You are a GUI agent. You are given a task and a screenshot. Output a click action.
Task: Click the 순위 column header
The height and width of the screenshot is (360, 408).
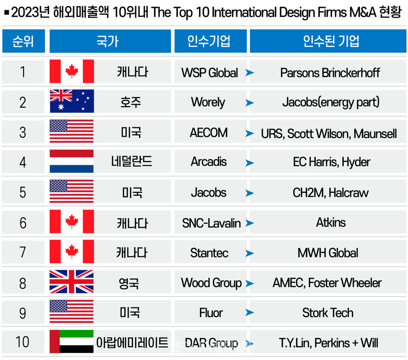[23, 41]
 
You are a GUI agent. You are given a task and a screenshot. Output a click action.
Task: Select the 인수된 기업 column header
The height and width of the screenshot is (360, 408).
[328, 41]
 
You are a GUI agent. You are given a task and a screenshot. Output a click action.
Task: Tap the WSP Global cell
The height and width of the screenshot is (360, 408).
[210, 72]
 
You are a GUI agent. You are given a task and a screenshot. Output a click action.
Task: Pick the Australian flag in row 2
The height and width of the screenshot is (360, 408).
[71, 101]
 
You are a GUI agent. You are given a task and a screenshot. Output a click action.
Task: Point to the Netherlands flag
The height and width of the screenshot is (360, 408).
[71, 161]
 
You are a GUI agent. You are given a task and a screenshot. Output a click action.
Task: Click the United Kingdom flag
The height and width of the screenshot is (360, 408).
[71, 281]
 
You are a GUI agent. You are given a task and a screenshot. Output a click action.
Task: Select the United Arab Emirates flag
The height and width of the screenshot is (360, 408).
[71, 341]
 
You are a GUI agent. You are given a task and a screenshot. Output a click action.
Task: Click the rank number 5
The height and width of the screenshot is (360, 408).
[22, 193]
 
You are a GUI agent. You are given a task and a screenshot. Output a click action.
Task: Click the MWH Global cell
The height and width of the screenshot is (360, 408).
[328, 253]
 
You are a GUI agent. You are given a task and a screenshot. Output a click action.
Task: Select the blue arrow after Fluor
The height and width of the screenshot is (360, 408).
[249, 313]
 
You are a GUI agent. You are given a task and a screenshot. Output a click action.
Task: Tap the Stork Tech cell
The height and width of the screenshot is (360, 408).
[328, 313]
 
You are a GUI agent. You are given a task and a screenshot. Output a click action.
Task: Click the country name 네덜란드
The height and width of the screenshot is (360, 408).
[132, 161]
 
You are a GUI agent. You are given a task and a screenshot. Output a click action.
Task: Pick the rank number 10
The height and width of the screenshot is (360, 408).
[22, 342]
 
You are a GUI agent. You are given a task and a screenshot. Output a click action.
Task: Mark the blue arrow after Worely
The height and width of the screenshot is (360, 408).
[249, 102]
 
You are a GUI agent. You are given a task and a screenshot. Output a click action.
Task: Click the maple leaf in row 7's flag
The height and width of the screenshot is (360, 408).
[72, 251]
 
